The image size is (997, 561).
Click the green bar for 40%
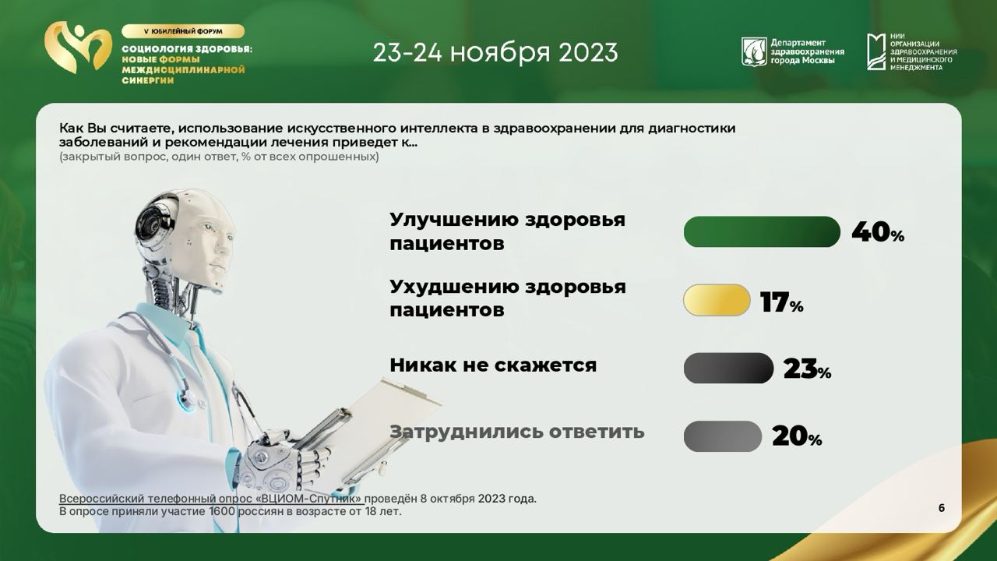[x=762, y=231]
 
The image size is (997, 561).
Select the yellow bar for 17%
[x=717, y=300]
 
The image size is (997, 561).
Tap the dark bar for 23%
[x=728, y=369]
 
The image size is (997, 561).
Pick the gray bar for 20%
[x=722, y=436]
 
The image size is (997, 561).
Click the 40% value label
[x=878, y=232]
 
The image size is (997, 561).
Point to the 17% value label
[x=782, y=302]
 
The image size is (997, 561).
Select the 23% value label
[x=807, y=369]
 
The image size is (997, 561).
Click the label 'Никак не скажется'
[x=493, y=365]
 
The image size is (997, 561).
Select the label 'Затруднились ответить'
[x=517, y=432]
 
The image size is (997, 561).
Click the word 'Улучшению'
[x=453, y=220]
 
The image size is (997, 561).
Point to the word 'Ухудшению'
[x=453, y=288]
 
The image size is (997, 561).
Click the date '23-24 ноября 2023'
[x=495, y=52]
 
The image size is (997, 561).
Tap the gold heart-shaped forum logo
[x=79, y=48]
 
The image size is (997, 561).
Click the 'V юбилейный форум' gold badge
[x=183, y=31]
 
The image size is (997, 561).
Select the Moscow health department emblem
[x=754, y=51]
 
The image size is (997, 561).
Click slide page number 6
[x=942, y=508]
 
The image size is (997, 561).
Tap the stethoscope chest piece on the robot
[x=187, y=397]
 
